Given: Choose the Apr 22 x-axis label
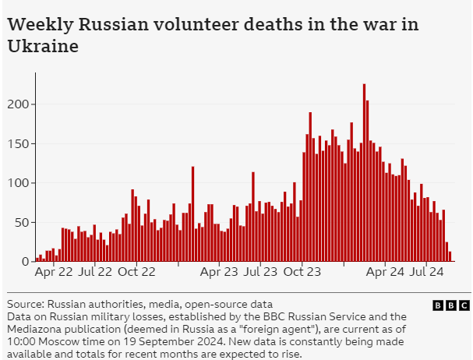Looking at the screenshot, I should (54, 273).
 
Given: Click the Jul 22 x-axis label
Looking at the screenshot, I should (96, 273).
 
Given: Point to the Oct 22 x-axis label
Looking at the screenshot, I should (137, 273).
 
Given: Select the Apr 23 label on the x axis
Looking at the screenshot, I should (220, 273).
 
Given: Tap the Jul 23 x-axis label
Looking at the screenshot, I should (261, 273).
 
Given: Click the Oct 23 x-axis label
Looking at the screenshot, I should (302, 273).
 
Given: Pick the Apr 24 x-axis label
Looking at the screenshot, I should (385, 273).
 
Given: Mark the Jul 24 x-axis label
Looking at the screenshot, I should (426, 273).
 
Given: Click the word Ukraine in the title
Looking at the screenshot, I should (43, 47).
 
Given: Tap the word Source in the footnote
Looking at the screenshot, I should (23, 305).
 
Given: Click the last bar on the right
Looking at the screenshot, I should (450, 256).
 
